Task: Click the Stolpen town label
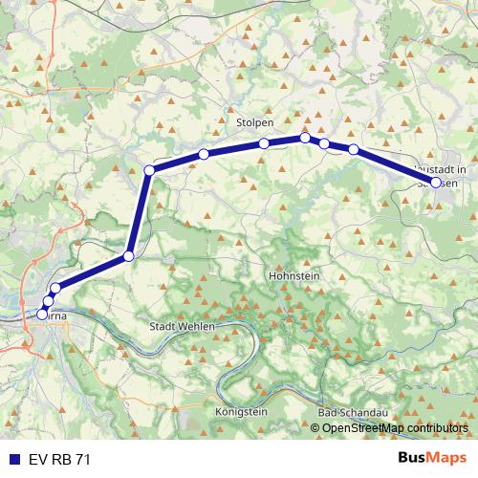tap(254, 124)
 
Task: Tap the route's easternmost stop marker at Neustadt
tap(436, 182)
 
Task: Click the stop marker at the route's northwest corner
tap(149, 170)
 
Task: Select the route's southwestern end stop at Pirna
tap(41, 315)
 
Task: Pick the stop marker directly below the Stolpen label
tap(263, 144)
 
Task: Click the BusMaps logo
tap(431, 459)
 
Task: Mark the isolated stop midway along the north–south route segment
tap(128, 256)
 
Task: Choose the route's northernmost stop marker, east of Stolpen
tap(305, 138)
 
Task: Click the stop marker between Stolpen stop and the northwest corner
tap(204, 154)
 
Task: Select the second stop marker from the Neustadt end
tap(353, 149)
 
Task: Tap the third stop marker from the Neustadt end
tap(324, 143)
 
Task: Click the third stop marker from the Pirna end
tap(55, 288)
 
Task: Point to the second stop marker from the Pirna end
tap(48, 302)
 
